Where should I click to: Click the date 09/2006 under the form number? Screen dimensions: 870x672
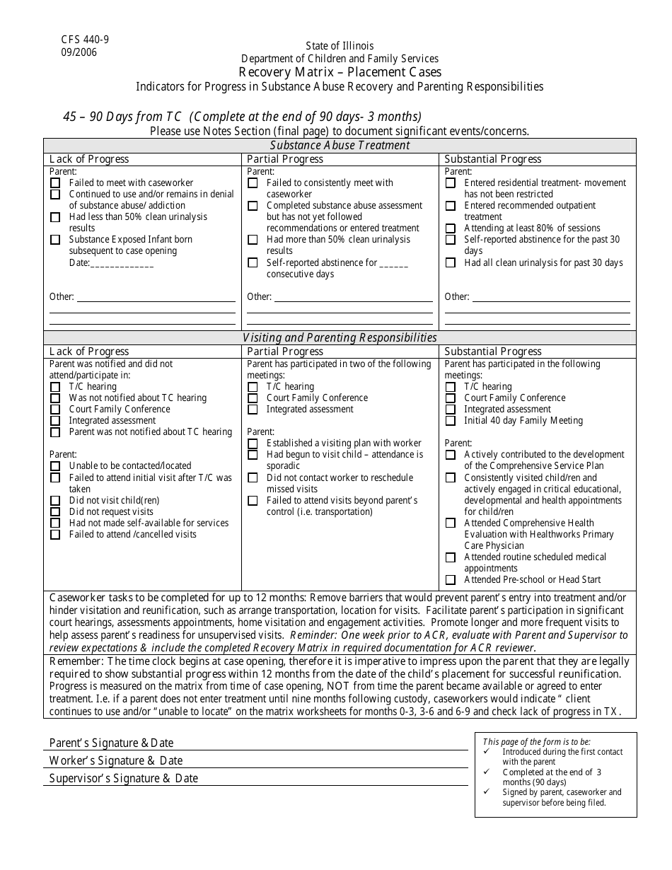79,52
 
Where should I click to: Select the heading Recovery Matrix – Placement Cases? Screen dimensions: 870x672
340,72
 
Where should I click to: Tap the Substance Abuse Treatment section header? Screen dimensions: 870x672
340,145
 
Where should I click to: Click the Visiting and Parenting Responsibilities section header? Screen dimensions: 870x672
340,337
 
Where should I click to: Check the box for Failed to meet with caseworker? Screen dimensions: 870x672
55,183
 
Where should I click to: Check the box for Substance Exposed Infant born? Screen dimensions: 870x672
55,240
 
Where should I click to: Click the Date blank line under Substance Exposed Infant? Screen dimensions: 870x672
122,263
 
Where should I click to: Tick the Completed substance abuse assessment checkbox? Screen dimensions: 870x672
253,206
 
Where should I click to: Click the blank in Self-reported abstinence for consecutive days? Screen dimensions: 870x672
394,263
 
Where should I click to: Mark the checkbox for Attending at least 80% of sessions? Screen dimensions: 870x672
450,228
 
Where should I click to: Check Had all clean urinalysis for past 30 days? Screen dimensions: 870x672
450,263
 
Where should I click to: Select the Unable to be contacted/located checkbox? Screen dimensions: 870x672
55,466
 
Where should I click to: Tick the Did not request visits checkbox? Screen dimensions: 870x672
55,512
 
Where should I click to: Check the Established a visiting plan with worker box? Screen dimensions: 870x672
253,443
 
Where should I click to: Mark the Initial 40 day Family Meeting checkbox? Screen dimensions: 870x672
450,421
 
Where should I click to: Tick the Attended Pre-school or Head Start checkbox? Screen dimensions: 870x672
450,580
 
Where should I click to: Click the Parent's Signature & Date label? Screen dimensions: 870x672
111,743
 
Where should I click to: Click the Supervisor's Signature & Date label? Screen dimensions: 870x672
123,778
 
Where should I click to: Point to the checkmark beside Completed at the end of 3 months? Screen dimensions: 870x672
487,772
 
